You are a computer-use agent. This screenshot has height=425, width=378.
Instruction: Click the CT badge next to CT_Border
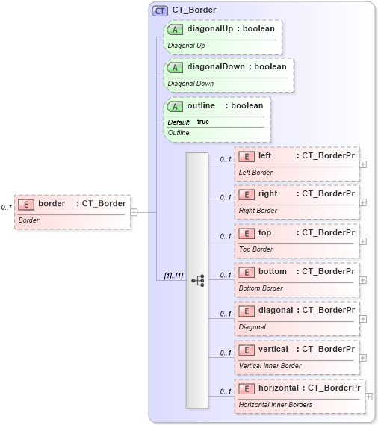[160, 10]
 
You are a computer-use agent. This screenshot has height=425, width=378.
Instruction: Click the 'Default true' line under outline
[188, 122]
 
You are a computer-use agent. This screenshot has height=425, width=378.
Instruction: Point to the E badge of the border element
[26, 204]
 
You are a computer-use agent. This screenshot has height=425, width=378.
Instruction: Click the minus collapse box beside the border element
[134, 212]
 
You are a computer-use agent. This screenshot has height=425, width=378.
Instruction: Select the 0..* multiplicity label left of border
[6, 207]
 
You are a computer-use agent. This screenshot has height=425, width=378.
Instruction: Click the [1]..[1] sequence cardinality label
[173, 276]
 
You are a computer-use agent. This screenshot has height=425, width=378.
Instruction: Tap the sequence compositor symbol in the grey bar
[198, 281]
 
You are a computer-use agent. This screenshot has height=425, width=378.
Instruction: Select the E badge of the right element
[247, 194]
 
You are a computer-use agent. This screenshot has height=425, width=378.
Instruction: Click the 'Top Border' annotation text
[255, 249]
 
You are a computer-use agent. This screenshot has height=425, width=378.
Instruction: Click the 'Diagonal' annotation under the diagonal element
[252, 327]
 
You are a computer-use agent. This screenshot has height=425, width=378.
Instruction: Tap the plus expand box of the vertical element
[362, 358]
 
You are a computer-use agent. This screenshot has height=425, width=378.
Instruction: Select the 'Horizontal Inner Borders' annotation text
[276, 405]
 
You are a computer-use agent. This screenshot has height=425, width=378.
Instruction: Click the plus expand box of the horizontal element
[368, 397]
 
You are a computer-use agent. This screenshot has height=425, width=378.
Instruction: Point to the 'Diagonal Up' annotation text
[186, 46]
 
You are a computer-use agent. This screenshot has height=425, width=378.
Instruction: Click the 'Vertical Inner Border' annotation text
[270, 366]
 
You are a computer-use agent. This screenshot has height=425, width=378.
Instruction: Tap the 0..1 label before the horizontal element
[225, 392]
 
